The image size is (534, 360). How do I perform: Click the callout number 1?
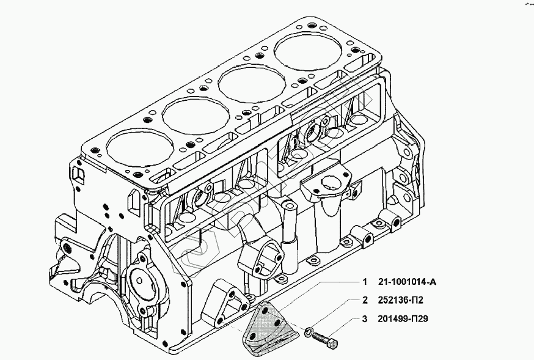point(365,282)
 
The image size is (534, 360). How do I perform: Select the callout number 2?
point(365,300)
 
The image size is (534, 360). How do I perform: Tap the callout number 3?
point(365,318)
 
